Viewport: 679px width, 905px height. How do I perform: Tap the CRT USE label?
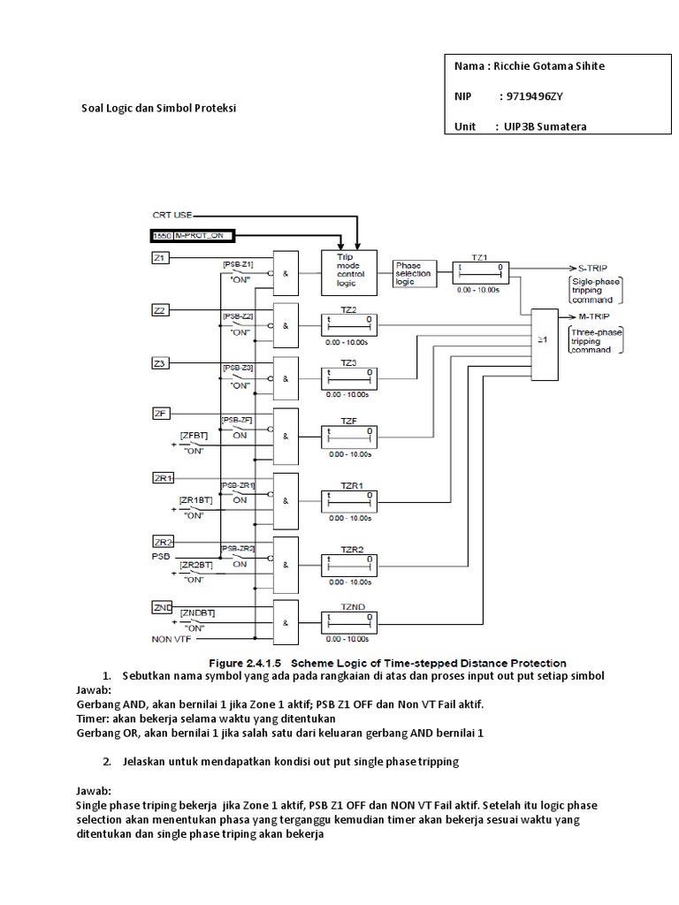click(172, 214)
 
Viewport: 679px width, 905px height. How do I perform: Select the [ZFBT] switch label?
click(194, 436)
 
